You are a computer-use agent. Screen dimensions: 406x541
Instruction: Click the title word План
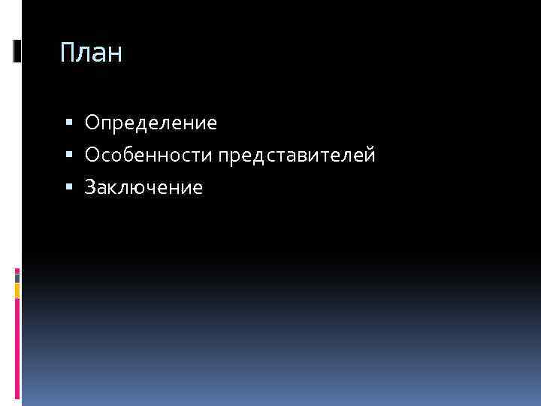click(91, 53)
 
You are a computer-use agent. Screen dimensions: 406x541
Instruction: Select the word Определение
click(151, 122)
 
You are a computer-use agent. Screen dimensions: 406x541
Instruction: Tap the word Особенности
click(150, 155)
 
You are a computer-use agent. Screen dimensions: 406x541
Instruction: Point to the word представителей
click(298, 156)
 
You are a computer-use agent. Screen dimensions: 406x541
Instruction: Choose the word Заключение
click(144, 188)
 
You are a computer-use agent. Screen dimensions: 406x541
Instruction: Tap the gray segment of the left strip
click(17, 276)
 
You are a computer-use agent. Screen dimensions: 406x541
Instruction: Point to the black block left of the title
click(17, 50)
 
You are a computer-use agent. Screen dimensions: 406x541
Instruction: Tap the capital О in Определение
click(92, 122)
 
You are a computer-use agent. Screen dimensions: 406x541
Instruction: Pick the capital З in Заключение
click(90, 188)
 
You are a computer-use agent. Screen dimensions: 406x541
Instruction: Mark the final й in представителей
click(370, 155)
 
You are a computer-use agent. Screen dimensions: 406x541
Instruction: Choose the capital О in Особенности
click(92, 155)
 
